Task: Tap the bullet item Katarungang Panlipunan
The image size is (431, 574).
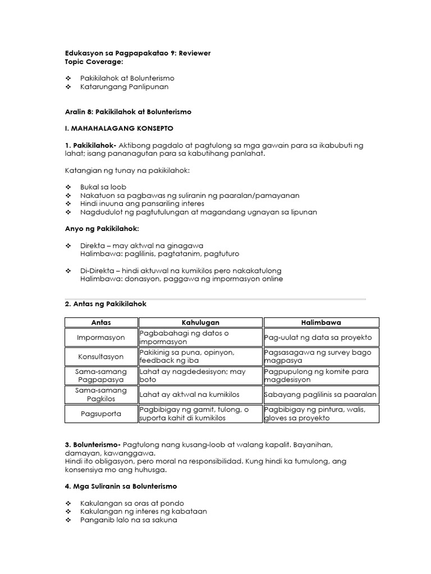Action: (x=124, y=87)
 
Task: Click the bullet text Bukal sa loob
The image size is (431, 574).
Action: (x=103, y=187)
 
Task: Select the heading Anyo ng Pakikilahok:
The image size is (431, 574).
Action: (x=102, y=229)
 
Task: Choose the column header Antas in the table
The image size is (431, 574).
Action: (x=101, y=323)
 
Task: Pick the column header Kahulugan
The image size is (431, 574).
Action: (x=200, y=323)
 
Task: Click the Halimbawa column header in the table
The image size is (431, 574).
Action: (x=321, y=323)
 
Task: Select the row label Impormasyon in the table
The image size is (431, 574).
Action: (x=101, y=338)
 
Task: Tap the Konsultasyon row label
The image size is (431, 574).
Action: (x=101, y=357)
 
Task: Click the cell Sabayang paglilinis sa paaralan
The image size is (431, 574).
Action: (x=321, y=395)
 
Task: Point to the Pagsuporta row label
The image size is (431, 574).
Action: (x=101, y=414)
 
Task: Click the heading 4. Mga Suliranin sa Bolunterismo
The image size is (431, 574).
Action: (x=121, y=486)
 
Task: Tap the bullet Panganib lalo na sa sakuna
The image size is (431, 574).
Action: (x=129, y=520)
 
